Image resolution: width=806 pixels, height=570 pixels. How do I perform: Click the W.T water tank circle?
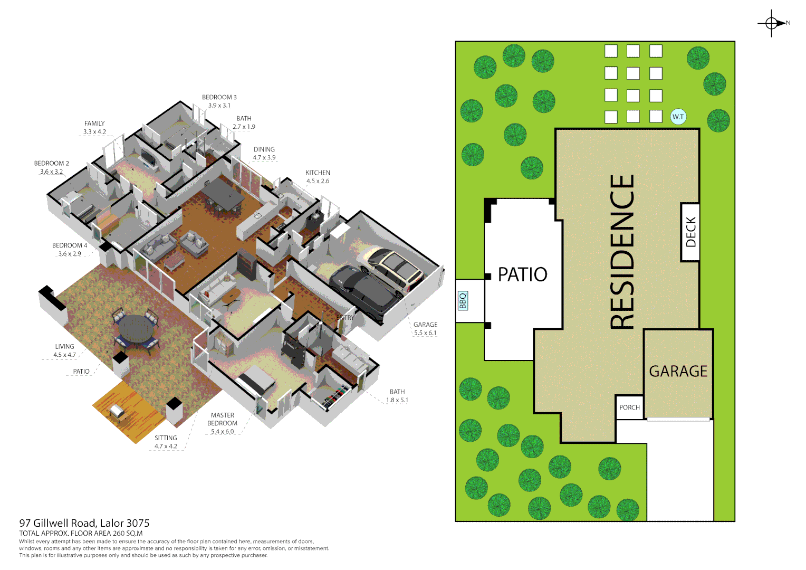pos(678,117)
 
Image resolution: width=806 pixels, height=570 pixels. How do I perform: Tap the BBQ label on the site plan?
pos(463,300)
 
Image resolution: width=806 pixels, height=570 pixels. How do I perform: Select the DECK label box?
pos(690,232)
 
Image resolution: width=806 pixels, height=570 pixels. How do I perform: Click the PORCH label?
pos(629,407)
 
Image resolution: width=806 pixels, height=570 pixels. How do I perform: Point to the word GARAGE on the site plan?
pos(678,372)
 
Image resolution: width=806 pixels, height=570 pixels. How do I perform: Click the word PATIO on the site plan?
pos(522,274)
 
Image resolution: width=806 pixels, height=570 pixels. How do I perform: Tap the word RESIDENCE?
pos(622,252)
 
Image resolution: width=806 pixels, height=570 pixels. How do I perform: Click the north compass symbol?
pos(772,23)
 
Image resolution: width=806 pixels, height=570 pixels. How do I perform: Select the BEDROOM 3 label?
pos(219,97)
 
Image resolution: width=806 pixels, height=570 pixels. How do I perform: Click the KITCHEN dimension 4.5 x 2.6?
pos(318,181)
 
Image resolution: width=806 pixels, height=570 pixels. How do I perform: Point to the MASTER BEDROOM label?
pos(222,419)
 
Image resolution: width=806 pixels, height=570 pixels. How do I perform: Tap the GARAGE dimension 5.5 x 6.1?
pos(425,333)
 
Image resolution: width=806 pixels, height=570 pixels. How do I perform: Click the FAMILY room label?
pos(94,123)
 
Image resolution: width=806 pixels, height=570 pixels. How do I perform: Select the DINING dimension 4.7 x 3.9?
pos(264,158)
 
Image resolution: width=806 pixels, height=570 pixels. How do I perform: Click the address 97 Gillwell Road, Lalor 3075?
pos(84,523)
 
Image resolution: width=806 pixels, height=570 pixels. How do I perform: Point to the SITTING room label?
pos(166,438)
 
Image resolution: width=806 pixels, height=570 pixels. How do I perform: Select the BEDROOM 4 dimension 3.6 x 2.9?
pos(70,254)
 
